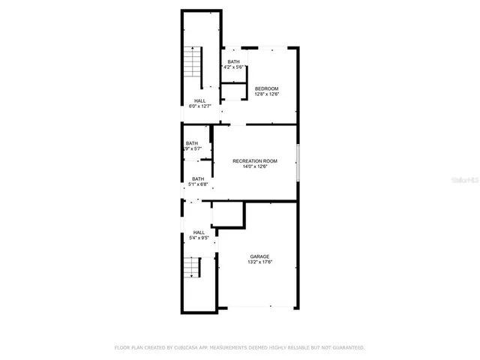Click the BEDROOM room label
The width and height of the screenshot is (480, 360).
(266, 88)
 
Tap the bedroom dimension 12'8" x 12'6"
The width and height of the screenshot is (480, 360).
(266, 94)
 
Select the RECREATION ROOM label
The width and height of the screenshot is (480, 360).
(255, 161)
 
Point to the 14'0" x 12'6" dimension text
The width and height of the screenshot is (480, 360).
(255, 167)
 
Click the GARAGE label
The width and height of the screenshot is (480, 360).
(259, 256)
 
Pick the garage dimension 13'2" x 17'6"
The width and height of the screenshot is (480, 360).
(259, 262)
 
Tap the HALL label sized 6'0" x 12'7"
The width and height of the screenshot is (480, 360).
(199, 100)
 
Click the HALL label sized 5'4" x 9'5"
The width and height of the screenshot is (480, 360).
(199, 232)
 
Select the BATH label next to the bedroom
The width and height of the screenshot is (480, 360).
(234, 61)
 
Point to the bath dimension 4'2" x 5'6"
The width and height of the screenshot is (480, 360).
(234, 67)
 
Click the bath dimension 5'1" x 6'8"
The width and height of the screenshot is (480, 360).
(197, 184)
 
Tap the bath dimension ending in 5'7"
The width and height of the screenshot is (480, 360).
(193, 149)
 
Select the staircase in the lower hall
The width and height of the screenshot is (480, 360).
(193, 268)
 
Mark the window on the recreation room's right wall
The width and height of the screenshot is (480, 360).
(298, 163)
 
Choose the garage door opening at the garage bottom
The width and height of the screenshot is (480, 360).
(258, 307)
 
